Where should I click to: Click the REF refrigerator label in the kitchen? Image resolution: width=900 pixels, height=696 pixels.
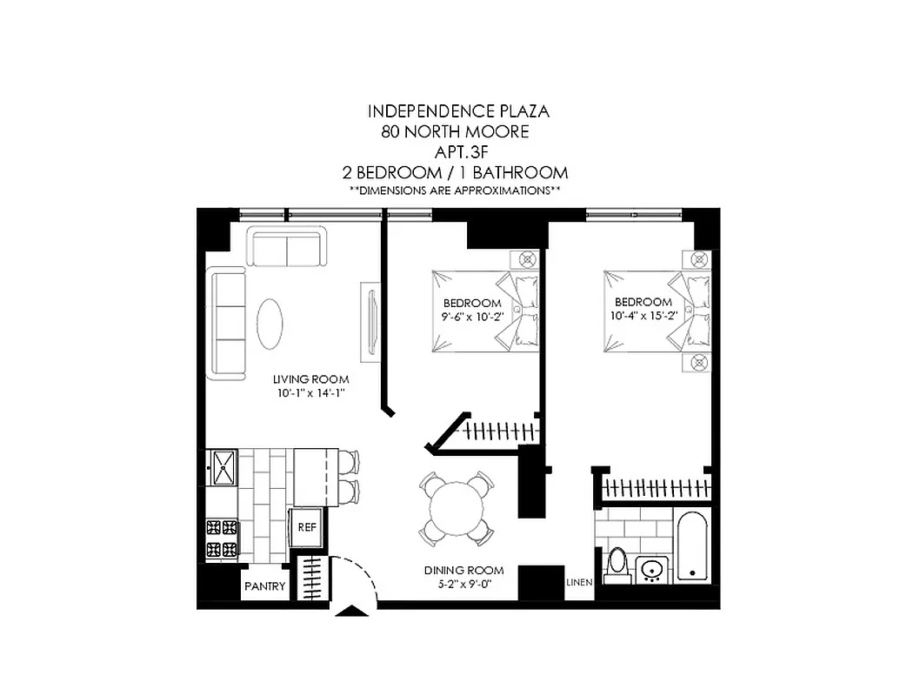click(x=306, y=527)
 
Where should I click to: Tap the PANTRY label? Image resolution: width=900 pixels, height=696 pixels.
click(x=264, y=586)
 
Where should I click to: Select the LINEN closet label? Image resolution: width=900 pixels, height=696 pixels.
click(x=579, y=582)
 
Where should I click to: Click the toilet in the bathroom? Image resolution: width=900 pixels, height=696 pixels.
click(x=617, y=562)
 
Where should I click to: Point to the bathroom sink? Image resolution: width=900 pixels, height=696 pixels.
click(x=651, y=570)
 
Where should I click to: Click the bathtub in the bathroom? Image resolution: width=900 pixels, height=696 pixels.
click(x=693, y=547)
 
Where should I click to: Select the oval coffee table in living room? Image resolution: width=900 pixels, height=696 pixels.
click(x=270, y=323)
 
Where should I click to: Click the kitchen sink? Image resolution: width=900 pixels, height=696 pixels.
click(x=223, y=467)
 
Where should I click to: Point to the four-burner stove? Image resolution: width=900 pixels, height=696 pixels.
click(x=222, y=538)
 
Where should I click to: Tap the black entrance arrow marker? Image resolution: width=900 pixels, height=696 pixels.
click(x=352, y=611)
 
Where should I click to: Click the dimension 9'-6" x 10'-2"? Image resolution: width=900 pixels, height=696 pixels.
click(x=472, y=318)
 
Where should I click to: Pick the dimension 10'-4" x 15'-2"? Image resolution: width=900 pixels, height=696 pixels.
click(x=643, y=318)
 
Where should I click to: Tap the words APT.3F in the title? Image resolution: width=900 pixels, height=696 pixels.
click(x=457, y=152)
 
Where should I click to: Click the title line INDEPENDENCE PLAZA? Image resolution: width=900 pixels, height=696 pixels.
click(x=458, y=111)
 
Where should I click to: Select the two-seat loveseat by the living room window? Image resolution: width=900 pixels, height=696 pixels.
click(x=286, y=246)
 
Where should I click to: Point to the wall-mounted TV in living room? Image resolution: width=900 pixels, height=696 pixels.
click(x=370, y=323)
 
